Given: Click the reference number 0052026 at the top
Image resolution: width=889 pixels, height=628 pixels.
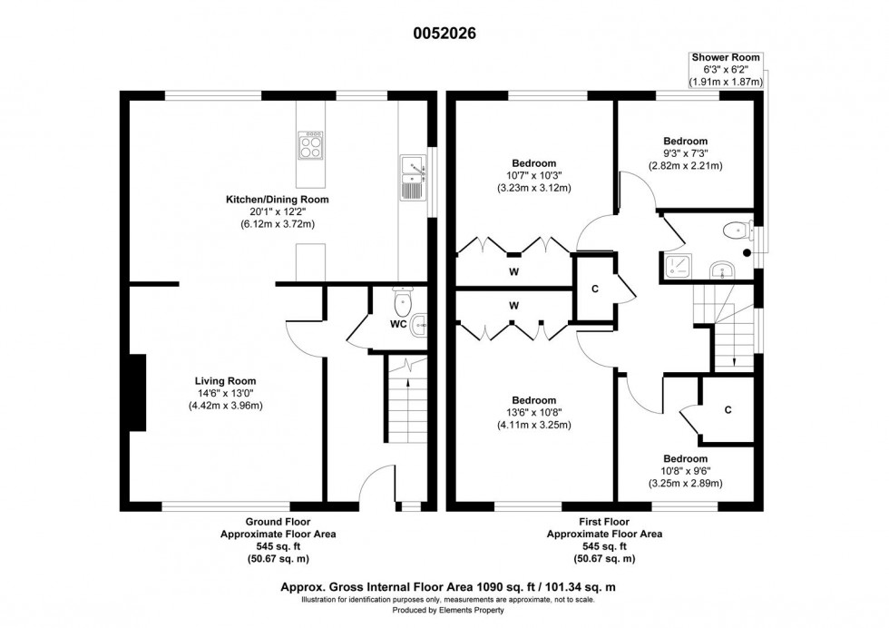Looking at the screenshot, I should coord(444,34).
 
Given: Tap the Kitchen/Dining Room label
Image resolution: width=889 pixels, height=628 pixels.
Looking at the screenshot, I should coord(277,199).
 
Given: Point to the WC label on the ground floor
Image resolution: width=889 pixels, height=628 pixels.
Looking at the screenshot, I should coord(397,323).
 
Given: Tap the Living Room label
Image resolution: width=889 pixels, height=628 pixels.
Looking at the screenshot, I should coord(224,381).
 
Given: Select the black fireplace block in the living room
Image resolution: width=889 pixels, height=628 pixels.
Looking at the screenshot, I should coord(136,391).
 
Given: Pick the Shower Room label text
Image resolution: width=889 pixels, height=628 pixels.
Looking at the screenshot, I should coord(726,57).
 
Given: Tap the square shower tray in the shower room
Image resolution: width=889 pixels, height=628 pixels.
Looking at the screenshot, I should coord(677,265).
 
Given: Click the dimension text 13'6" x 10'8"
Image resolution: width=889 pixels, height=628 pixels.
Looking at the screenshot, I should coord(532,413).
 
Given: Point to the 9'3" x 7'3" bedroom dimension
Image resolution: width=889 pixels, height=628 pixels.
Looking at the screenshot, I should coord(685,153).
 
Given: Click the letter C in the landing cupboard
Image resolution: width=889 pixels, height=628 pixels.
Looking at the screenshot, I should coord(594,289).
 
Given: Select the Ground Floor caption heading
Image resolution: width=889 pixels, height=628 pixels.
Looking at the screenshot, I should coord(278,522).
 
